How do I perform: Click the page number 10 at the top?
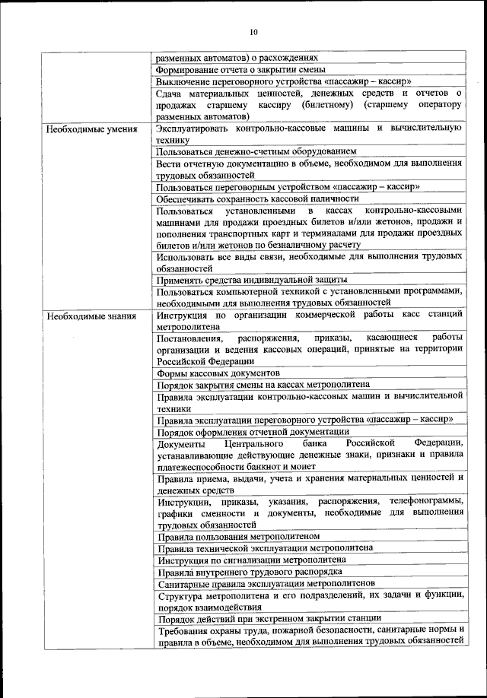(253, 31)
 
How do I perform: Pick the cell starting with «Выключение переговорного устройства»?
(284, 81)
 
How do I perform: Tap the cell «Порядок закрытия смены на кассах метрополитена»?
(263, 385)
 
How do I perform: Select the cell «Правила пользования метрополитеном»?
(237, 535)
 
